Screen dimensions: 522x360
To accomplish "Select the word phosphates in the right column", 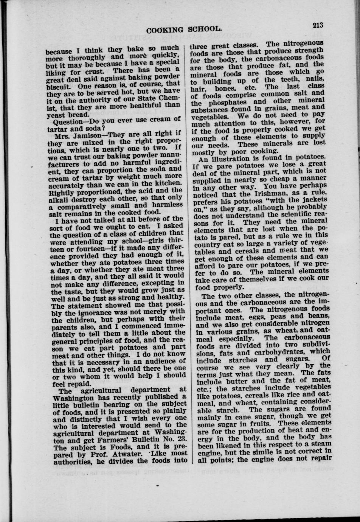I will [225, 102].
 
